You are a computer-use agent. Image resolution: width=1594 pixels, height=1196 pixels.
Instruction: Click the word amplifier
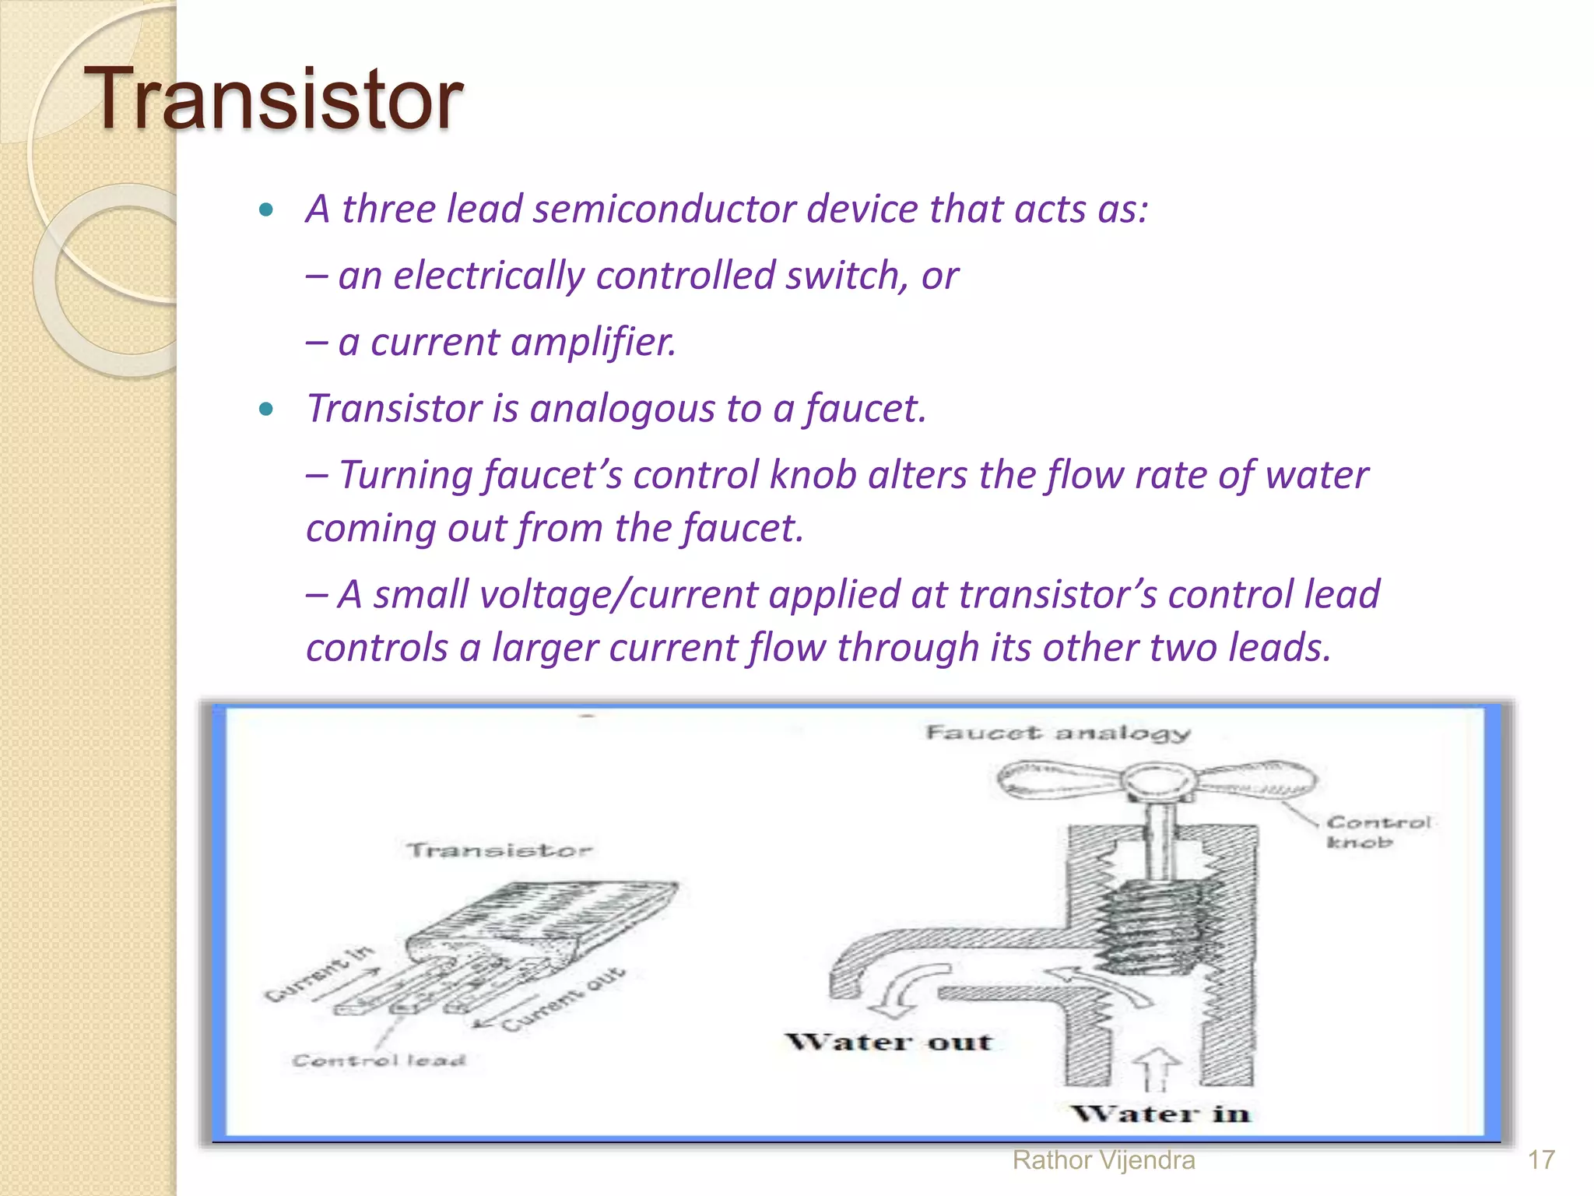pyautogui.click(x=594, y=342)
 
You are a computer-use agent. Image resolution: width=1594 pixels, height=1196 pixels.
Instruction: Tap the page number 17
pyautogui.click(x=1540, y=1160)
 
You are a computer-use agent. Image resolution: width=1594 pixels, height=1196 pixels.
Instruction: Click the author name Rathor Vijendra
pyautogui.click(x=1103, y=1160)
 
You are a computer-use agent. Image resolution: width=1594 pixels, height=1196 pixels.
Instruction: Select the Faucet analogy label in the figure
pyautogui.click(x=1058, y=733)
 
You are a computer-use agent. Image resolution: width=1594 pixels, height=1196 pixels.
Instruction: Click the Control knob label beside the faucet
pyautogui.click(x=1378, y=832)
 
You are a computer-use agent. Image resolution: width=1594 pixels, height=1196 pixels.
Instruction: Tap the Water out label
pyautogui.click(x=888, y=1042)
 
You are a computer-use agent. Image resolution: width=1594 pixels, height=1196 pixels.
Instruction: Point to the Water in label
pyautogui.click(x=1160, y=1113)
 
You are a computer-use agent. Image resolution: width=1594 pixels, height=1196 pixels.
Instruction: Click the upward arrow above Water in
pyautogui.click(x=1157, y=1067)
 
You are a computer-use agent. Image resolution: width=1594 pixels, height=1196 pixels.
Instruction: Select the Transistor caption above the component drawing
pyautogui.click(x=499, y=850)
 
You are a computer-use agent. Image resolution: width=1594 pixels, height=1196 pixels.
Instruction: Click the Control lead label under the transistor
pyautogui.click(x=378, y=1061)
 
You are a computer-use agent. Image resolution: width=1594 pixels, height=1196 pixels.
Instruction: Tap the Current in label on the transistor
pyautogui.click(x=319, y=973)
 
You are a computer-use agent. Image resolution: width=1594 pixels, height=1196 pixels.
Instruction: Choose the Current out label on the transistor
pyautogui.click(x=564, y=1001)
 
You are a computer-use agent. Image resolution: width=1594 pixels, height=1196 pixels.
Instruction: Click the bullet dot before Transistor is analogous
pyautogui.click(x=266, y=409)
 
